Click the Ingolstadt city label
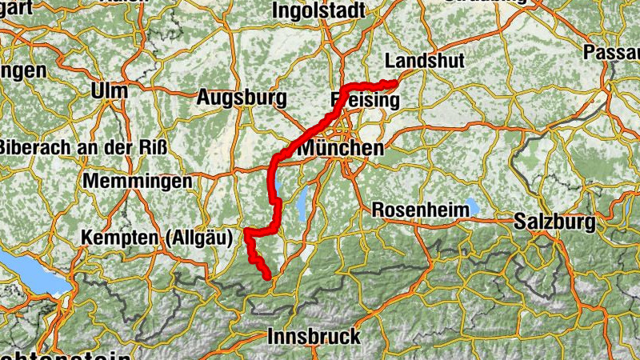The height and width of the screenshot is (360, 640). pyautogui.click(x=318, y=10)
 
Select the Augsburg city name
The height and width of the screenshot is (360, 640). pyautogui.click(x=242, y=98)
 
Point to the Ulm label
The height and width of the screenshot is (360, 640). pyautogui.click(x=110, y=91)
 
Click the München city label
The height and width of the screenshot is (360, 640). pyautogui.click(x=341, y=149)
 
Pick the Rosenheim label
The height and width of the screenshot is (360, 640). pyautogui.click(x=421, y=210)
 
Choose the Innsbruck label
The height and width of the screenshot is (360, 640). pyautogui.click(x=315, y=336)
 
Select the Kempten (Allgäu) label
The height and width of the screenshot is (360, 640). pyautogui.click(x=157, y=238)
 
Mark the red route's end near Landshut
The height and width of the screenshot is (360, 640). pyautogui.click(x=394, y=83)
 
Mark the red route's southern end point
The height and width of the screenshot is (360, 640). pyautogui.click(x=268, y=278)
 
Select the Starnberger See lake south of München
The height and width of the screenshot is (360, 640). pyautogui.click(x=302, y=206)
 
